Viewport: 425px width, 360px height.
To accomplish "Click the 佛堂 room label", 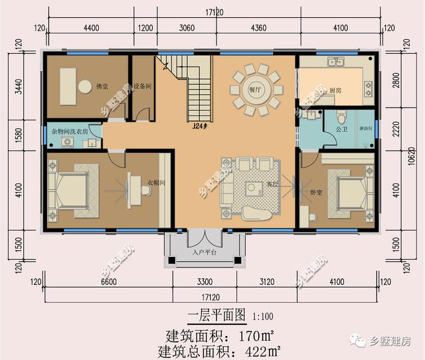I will coord(102,86).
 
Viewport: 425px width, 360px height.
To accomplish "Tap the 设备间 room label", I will coord(143,86).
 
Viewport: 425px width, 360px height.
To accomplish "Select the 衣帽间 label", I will coord(155,183).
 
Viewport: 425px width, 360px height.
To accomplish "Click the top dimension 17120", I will coord(213,12).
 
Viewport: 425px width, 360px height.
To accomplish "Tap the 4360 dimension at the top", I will coord(259,28).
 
